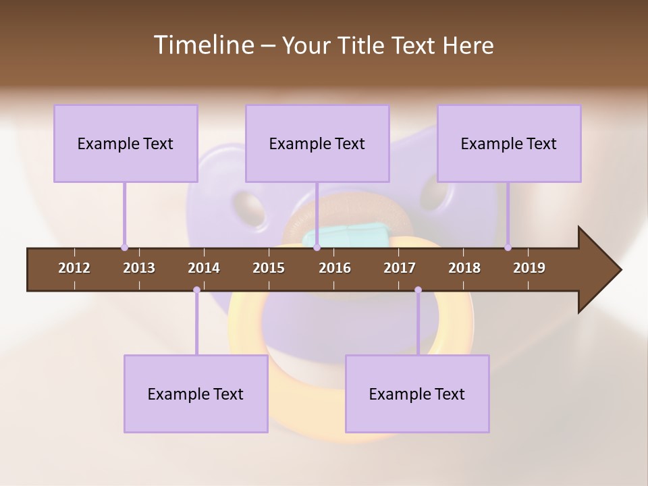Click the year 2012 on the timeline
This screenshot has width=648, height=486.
74,268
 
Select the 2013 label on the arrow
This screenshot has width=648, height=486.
139,268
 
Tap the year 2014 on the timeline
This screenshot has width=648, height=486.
204,268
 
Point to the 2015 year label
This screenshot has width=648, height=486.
269,268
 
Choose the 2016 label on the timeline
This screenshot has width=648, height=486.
335,268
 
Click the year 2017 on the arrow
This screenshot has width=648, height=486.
400,268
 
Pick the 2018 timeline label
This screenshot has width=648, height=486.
464,268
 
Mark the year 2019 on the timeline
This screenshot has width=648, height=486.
529,268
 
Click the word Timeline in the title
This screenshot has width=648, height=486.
203,45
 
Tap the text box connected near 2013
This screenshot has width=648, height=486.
126,143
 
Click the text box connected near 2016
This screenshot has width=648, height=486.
317,143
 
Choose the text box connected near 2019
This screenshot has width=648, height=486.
509,143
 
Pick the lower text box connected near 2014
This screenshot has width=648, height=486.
196,394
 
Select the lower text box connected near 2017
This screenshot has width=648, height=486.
417,394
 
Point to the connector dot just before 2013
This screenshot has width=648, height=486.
124,248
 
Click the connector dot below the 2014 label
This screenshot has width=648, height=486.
196,290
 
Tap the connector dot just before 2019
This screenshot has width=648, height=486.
508,248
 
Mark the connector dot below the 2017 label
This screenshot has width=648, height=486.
418,290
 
